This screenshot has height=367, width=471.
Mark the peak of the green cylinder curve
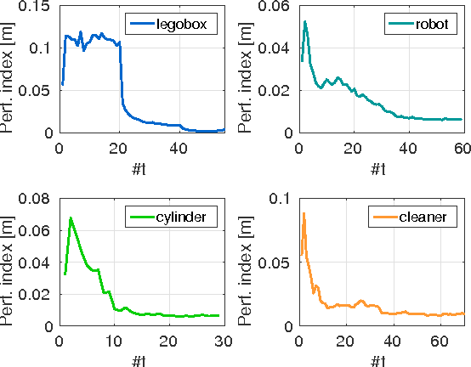tap(71, 218)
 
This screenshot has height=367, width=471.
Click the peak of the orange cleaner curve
tap(304, 213)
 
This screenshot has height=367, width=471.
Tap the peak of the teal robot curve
tap(305, 22)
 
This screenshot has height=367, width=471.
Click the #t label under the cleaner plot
tap(380, 360)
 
